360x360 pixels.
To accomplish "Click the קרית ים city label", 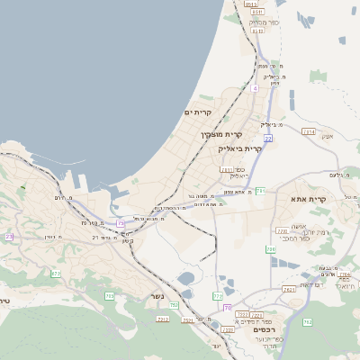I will (197, 112).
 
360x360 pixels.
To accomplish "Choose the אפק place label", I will (327, 136).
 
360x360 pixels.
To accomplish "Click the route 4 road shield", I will (255, 88).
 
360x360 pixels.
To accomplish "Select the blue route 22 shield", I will (268, 139).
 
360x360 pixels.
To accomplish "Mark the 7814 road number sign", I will (309, 132).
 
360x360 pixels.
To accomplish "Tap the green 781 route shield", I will (260, 191).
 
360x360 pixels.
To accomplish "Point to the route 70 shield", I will (227, 307).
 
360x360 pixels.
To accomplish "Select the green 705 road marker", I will (110, 295).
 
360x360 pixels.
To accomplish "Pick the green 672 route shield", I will (56, 274).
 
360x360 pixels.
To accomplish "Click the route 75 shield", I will (121, 222).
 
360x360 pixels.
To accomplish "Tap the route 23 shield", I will (9, 237).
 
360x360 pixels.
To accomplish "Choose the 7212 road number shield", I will (163, 319).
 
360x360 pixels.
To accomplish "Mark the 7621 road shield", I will (289, 290).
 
